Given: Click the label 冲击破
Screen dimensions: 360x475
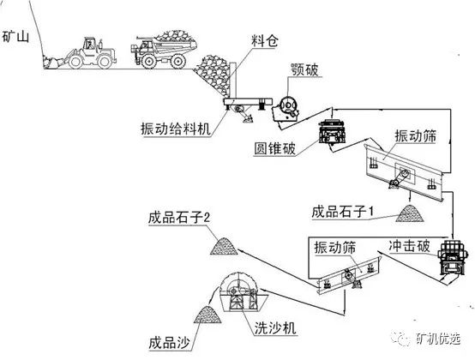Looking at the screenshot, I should [x=414, y=245].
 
